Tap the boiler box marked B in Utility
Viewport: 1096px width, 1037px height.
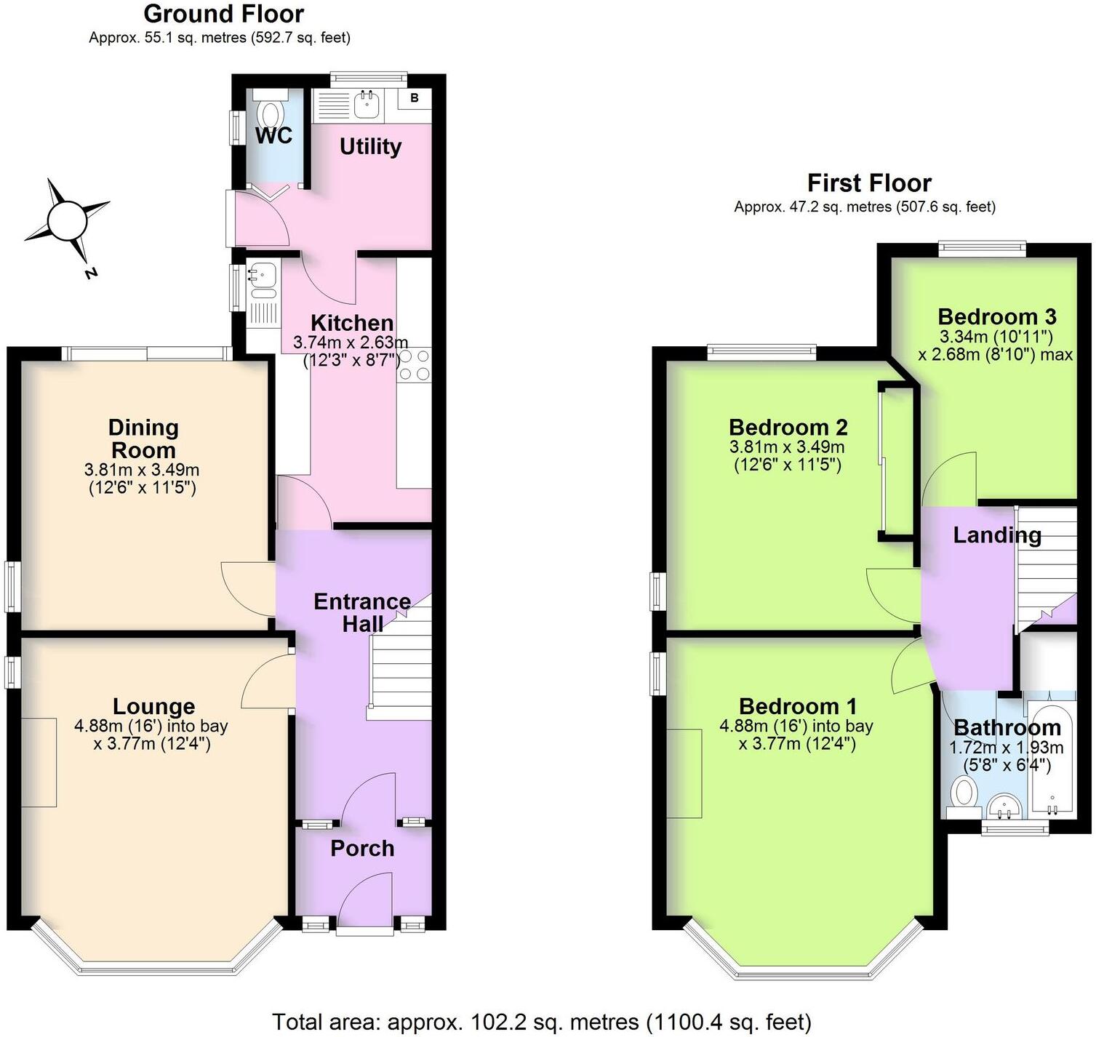[x=414, y=98]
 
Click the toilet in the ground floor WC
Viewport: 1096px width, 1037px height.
[x=271, y=115]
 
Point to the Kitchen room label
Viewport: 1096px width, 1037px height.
[x=352, y=323]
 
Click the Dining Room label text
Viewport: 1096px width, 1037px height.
[x=143, y=439]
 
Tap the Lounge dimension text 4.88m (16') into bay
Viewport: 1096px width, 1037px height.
[x=151, y=726]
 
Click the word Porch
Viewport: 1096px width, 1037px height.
[x=362, y=848]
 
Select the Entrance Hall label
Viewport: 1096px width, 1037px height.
[x=362, y=612]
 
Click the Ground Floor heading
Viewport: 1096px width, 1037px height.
[x=223, y=14]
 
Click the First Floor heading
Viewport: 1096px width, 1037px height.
[x=869, y=183]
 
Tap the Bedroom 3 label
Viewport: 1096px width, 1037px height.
[x=996, y=316]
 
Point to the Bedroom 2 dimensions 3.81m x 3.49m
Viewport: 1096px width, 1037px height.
[x=787, y=447]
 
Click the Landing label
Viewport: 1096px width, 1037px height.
[x=997, y=535]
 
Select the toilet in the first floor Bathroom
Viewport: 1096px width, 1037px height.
[x=965, y=793]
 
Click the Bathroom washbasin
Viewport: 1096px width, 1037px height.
[x=1006, y=806]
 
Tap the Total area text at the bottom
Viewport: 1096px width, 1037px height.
[x=542, y=1022]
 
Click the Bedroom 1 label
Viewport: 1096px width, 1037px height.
[x=798, y=706]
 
